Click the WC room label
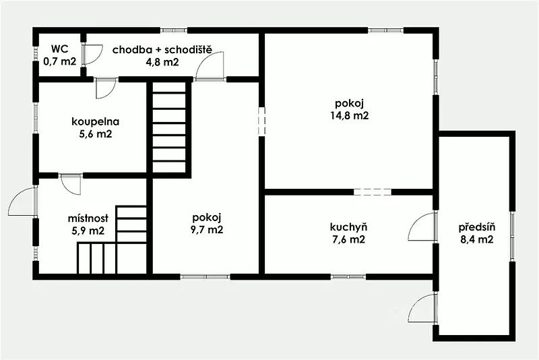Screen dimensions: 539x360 click(60, 49)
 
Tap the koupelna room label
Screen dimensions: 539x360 click(96, 121)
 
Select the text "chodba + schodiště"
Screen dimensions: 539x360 click(162, 50)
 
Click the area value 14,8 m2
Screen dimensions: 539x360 click(350, 115)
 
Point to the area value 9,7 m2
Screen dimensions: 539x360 click(207, 229)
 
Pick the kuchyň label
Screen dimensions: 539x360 click(348, 227)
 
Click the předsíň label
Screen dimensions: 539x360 click(477, 227)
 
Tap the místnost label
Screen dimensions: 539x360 click(88, 218)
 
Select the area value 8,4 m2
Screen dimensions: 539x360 click(477, 239)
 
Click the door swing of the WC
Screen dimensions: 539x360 click(93, 55)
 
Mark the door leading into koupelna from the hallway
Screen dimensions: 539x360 click(105, 89)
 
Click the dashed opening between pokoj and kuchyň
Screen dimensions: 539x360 click(373, 192)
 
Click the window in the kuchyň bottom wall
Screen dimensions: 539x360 click(348, 276)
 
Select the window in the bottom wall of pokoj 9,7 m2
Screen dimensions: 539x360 click(205, 276)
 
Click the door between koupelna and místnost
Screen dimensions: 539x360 click(71, 184)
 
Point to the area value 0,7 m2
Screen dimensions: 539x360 click(60, 61)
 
